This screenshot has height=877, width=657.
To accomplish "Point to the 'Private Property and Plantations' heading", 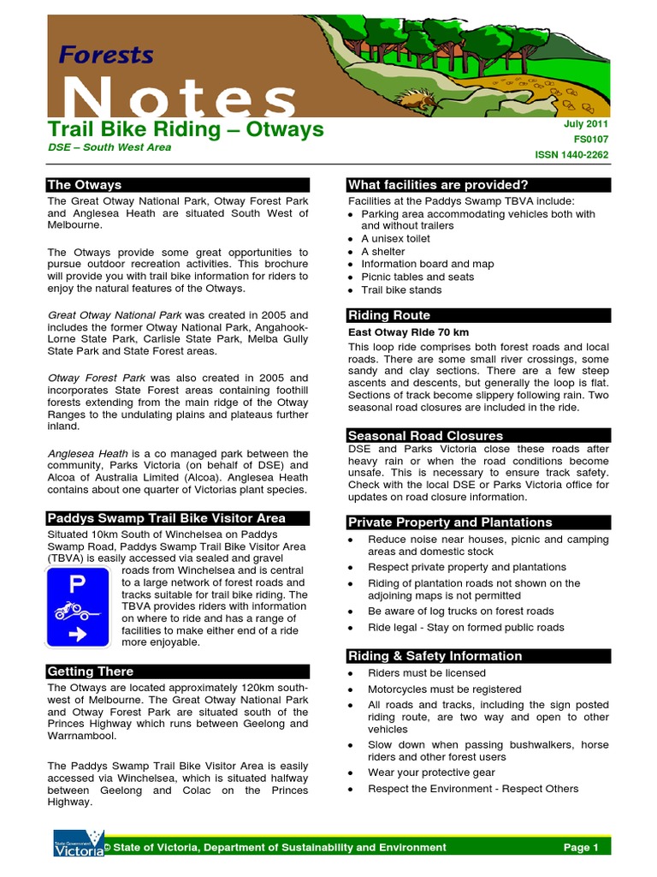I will point(450,522).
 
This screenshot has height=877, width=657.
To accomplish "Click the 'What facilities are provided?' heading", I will point(438,185).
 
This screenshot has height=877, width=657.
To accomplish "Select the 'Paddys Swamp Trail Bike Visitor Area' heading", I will point(167,518).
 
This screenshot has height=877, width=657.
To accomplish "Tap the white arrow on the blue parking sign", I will point(74,635).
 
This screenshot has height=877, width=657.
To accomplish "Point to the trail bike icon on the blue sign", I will point(74,611).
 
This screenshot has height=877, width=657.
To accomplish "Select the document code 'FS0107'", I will point(591,140).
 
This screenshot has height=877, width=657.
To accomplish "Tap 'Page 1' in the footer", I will point(581,847).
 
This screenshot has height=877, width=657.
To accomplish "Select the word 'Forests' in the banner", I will point(106,56).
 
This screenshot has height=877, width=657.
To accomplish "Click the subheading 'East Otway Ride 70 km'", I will point(408,332).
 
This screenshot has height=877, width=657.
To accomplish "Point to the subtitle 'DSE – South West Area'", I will point(109,147).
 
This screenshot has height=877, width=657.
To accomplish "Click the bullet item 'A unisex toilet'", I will point(395,239).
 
